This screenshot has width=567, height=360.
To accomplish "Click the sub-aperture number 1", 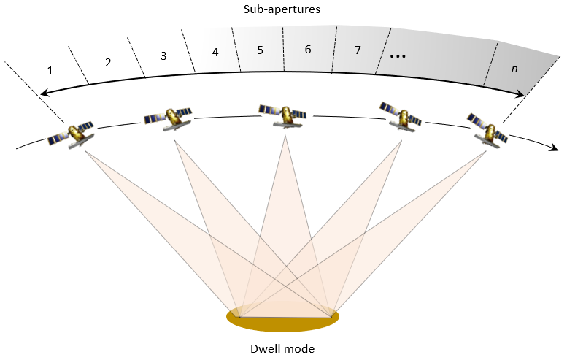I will click(x=50, y=71).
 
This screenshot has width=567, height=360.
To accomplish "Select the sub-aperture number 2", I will click(x=108, y=62).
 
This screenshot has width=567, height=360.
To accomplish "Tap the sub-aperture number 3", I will click(x=163, y=55).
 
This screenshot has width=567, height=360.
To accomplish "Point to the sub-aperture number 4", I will click(x=215, y=53).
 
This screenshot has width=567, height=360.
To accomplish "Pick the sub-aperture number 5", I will click(x=260, y=50).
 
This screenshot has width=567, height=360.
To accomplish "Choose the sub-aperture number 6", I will click(x=308, y=50).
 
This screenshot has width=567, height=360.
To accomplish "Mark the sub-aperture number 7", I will click(x=358, y=51).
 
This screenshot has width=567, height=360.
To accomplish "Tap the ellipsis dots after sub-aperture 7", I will click(x=398, y=55).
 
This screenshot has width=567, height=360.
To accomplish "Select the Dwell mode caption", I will click(x=283, y=348).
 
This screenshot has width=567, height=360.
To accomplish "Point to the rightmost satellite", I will click(x=487, y=129).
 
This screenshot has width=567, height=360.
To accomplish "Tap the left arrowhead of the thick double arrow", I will click(x=44, y=93).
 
